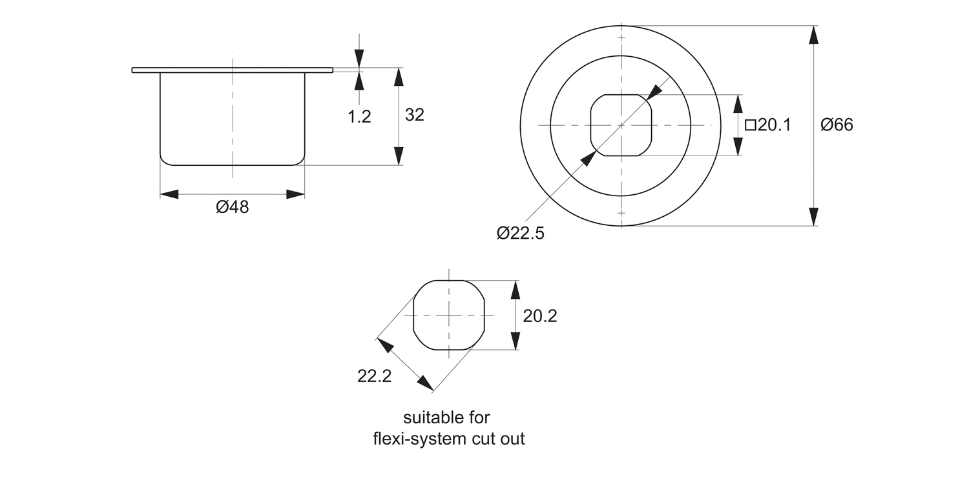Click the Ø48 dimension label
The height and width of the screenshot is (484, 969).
[233, 208]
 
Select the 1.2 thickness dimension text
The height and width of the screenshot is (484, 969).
[359, 117]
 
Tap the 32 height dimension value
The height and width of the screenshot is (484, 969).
[414, 115]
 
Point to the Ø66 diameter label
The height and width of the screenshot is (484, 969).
[837, 125]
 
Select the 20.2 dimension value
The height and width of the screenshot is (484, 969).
[540, 316]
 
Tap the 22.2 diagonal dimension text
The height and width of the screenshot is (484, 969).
[375, 376]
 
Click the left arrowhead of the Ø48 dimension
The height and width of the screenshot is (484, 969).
[169, 194]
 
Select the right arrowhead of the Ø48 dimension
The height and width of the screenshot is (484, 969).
[296, 194]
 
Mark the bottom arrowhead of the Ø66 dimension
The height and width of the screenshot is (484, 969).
[813, 217]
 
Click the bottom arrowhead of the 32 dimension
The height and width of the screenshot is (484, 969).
[399, 156]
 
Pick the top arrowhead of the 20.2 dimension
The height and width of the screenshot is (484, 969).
[515, 289]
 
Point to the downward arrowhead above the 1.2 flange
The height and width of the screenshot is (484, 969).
[359, 57]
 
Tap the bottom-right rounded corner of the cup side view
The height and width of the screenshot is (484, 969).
[299, 160]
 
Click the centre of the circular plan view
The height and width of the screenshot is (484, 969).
[621, 125]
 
